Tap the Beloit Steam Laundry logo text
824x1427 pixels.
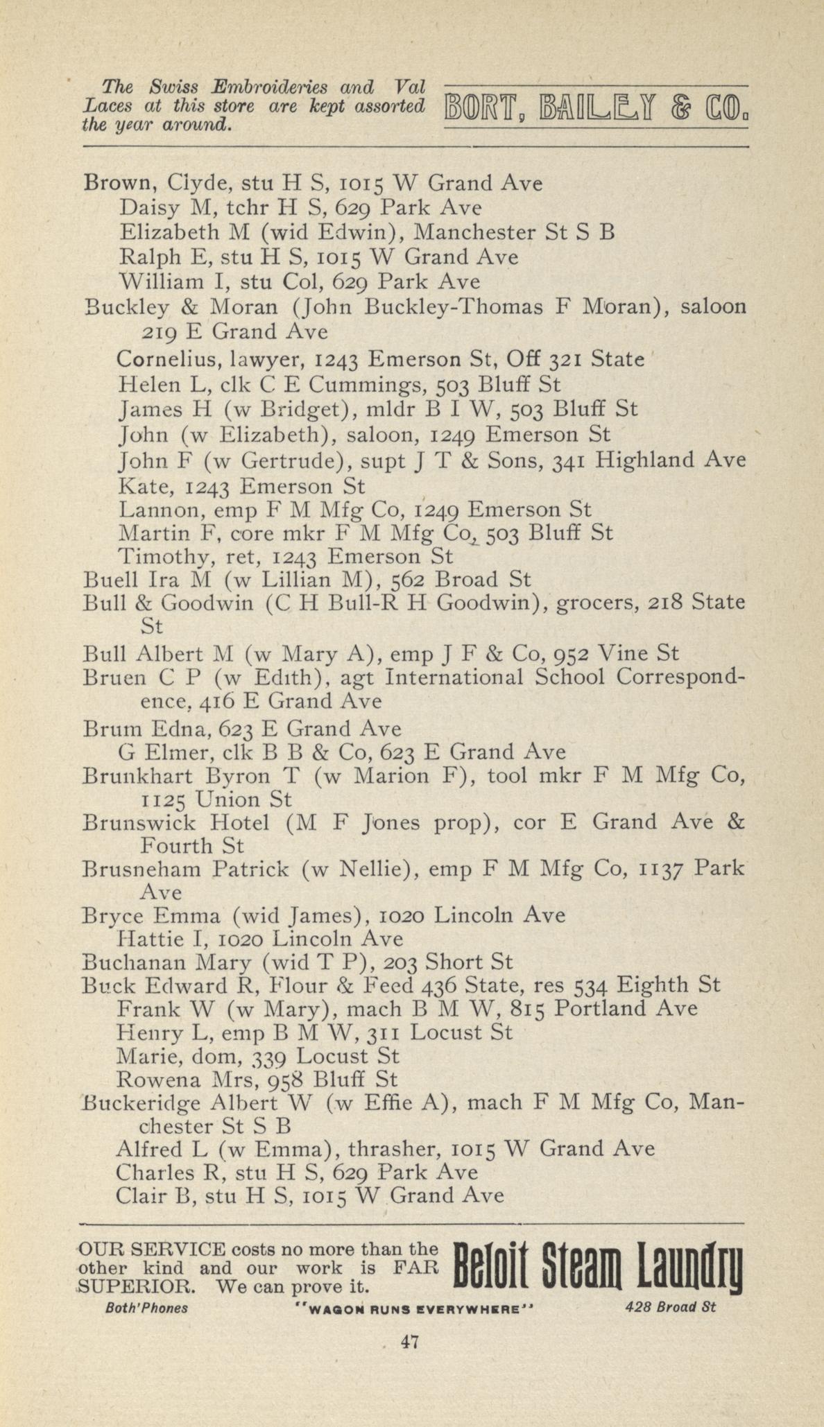pos(597,1267)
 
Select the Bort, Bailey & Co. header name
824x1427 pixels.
pos(595,107)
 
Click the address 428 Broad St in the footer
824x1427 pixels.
pos(670,1308)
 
